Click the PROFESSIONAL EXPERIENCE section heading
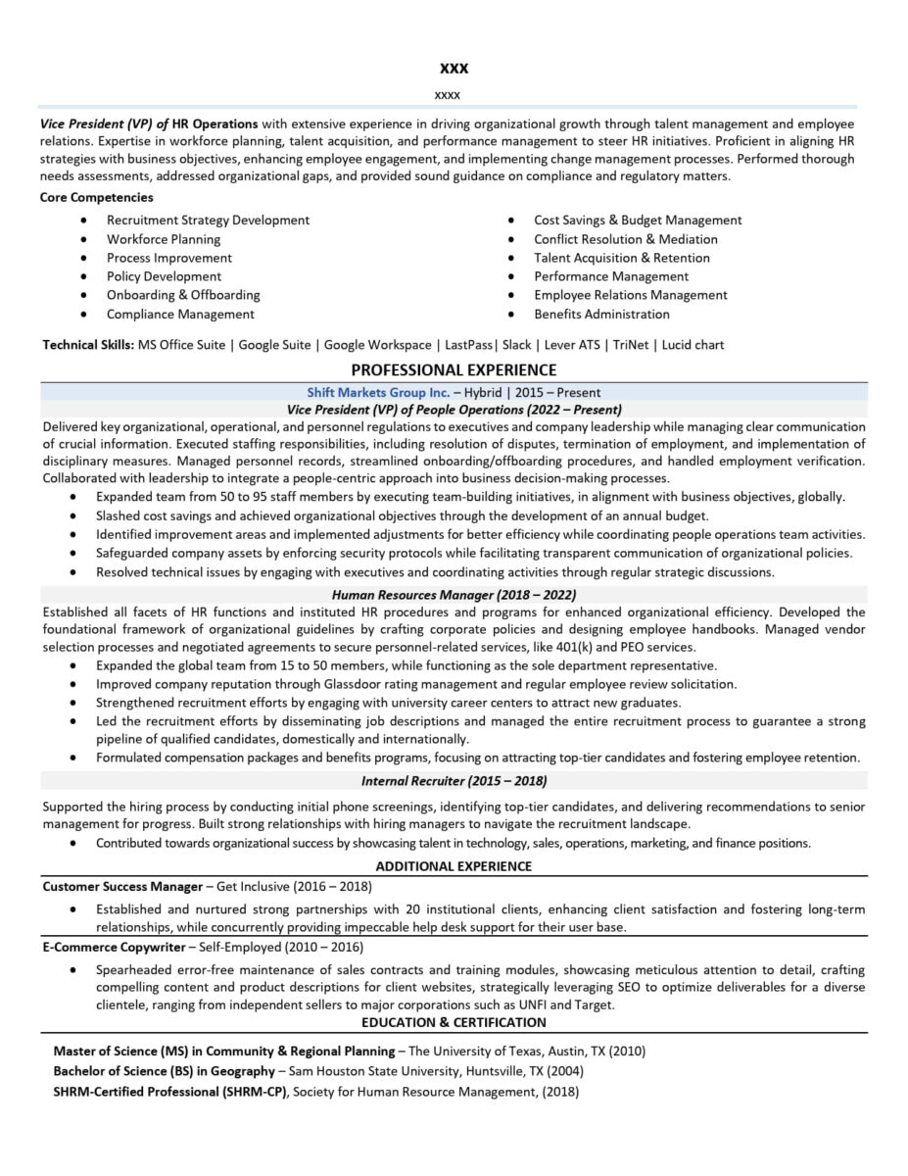[454, 369]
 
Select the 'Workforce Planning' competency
[164, 239]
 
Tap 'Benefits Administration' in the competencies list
[601, 315]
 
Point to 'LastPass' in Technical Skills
[469, 345]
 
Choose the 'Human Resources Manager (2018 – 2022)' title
[454, 595]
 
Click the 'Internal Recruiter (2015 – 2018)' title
[454, 781]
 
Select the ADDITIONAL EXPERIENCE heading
[454, 866]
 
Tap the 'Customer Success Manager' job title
[122, 886]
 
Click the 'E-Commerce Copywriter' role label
[114, 948]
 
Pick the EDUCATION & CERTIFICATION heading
[454, 1022]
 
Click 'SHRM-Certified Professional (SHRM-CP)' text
[170, 1092]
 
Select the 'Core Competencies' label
[96, 197]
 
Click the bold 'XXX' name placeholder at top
[454, 69]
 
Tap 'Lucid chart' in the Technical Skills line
[693, 345]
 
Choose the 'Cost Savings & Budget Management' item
[638, 220]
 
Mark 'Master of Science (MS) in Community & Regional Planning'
[223, 1051]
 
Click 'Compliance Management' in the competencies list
[180, 315]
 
